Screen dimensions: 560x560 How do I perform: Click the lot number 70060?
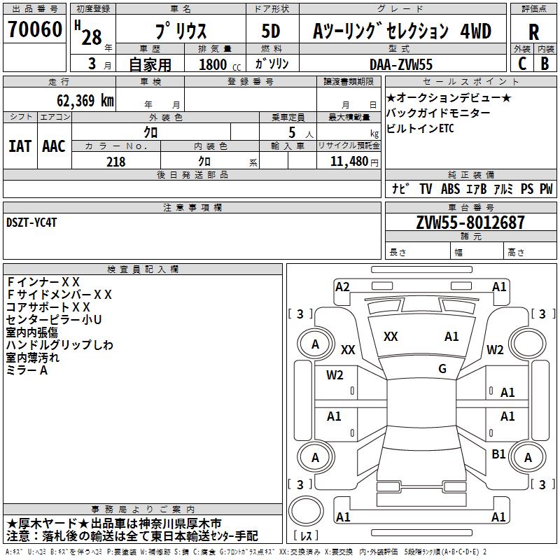click(x=35, y=29)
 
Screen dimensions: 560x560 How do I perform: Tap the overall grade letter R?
click(x=533, y=32)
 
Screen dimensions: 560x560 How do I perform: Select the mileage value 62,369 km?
click(x=85, y=101)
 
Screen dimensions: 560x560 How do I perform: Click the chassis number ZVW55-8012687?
click(x=470, y=223)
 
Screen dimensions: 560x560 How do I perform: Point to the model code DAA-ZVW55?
click(x=400, y=64)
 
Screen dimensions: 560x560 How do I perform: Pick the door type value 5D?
click(x=271, y=31)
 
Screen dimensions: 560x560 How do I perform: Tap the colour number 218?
click(x=115, y=162)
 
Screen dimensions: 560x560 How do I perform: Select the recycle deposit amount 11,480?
click(x=349, y=161)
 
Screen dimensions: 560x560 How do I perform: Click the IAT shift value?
click(x=20, y=146)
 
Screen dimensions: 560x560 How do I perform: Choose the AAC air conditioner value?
click(x=54, y=146)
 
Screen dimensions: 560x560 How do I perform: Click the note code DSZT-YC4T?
click(x=31, y=223)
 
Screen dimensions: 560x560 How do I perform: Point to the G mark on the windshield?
click(x=442, y=368)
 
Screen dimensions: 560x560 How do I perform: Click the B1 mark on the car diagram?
click(x=498, y=454)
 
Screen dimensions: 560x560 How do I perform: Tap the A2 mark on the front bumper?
click(x=342, y=287)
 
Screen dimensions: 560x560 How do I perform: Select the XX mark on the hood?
click(x=391, y=337)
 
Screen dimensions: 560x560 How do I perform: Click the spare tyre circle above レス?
click(x=306, y=511)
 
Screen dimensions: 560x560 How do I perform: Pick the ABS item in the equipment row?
click(x=450, y=188)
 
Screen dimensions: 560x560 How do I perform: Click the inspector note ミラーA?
click(x=27, y=370)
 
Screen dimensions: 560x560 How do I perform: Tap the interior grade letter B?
click(x=545, y=64)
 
